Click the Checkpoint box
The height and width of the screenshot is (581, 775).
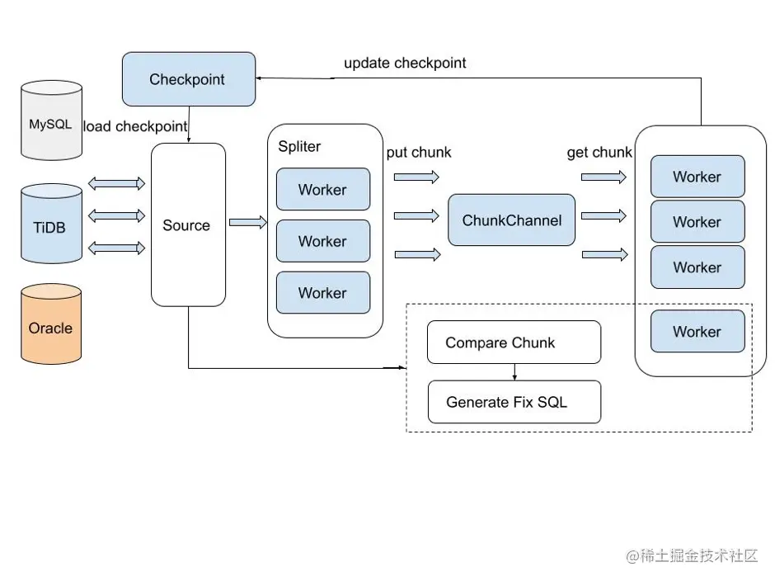point(187,79)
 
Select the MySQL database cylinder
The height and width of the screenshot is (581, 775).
point(51,122)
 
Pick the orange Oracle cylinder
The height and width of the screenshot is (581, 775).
point(51,326)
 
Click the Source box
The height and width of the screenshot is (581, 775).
point(188,225)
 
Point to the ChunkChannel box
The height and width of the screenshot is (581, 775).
point(511,220)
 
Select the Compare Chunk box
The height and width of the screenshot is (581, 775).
point(514,342)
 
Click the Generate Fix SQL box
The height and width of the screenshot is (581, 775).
point(514,402)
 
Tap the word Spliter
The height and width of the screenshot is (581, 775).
point(299,147)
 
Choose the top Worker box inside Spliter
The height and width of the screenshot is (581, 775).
point(322,190)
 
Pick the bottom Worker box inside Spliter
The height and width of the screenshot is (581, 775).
point(322,293)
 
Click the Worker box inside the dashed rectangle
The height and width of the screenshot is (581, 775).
point(697,331)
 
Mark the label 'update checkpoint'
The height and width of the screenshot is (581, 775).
point(405,63)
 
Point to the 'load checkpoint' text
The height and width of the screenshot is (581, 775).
point(136,126)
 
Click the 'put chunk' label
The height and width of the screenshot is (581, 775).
point(419,153)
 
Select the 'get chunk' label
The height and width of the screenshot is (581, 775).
point(599,153)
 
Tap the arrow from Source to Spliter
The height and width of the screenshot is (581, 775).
point(247,222)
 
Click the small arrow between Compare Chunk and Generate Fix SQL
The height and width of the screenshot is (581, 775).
point(514,372)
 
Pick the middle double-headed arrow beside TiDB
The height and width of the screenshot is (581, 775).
point(115,215)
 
